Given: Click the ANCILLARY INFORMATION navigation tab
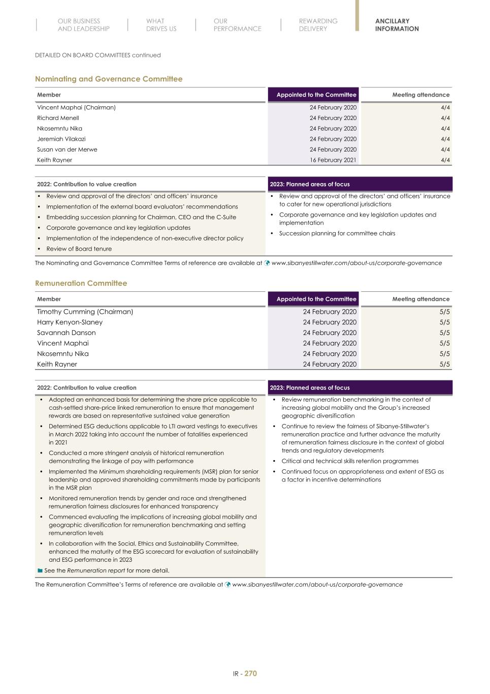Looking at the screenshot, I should click(397, 25).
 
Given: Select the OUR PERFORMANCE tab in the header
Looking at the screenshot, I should click(237, 25).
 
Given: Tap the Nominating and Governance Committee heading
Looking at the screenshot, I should click(109, 79).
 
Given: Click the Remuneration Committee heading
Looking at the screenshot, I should click(81, 283).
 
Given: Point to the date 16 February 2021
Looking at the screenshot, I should click(333, 160).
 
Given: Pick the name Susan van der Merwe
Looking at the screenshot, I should click(67, 149).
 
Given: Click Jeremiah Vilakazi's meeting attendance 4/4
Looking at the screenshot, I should click(445, 139).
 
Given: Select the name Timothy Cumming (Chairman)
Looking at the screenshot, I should click(85, 312).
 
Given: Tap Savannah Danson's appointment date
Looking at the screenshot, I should click(330, 333).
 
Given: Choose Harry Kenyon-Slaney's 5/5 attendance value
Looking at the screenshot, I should click(444, 322).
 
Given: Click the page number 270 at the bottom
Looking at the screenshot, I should click(251, 674).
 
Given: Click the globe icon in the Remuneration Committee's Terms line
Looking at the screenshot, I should click(228, 585).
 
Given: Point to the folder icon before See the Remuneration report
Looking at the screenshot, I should click(40, 570).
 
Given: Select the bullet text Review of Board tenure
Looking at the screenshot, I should click(79, 249).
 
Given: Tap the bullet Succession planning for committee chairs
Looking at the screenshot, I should click(337, 233).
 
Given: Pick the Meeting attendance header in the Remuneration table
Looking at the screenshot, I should click(420, 299).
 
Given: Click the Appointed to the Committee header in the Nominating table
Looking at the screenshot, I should click(316, 95).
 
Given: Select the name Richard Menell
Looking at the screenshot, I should click(58, 118).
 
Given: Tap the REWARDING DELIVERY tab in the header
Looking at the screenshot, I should click(318, 25).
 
